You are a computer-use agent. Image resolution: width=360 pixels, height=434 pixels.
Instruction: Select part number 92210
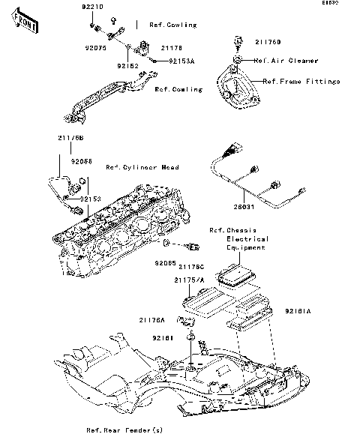click(92, 6)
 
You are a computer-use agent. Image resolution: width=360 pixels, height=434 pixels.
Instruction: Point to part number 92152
click(127, 65)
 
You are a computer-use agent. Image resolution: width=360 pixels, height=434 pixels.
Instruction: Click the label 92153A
click(181, 60)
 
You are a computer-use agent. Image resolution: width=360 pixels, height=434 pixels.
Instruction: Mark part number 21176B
click(70, 138)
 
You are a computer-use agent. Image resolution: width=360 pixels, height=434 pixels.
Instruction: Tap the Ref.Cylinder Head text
click(142, 167)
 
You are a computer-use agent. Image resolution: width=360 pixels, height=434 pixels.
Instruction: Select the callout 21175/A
click(188, 280)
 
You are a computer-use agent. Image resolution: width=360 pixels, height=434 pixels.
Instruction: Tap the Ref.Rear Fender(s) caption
click(124, 430)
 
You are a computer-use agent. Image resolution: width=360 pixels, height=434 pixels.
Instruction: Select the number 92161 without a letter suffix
click(165, 338)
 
